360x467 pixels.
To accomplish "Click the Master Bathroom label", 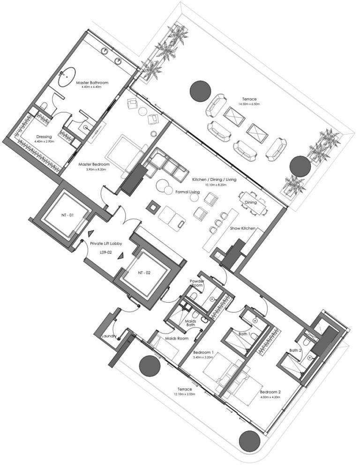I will pyautogui.click(x=95, y=83).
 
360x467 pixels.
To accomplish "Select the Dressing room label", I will pyautogui.click(x=43, y=137).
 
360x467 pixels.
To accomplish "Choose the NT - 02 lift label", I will pyautogui.click(x=144, y=272).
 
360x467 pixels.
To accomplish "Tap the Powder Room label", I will pyautogui.click(x=196, y=283).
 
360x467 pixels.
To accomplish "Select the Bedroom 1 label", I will pyautogui.click(x=203, y=352).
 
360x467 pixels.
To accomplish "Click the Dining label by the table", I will pyautogui.click(x=250, y=202).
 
